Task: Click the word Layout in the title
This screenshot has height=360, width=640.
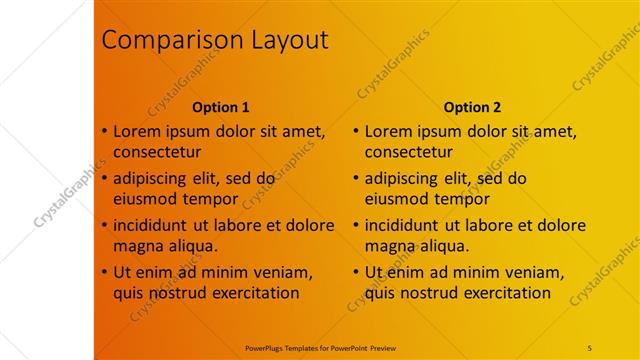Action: coord(283,41)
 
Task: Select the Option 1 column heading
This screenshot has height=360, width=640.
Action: coord(221,107)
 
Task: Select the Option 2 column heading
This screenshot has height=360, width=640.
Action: coord(473,107)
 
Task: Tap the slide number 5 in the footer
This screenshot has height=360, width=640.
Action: coord(590,347)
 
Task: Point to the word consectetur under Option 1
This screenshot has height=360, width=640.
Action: coord(157,153)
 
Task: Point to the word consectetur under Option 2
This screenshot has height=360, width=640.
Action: coord(408,153)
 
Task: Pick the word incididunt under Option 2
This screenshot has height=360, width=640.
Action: coord(405,225)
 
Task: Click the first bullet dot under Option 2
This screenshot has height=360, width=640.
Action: coord(356,131)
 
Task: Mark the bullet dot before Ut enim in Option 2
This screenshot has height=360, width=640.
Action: coord(356,271)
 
